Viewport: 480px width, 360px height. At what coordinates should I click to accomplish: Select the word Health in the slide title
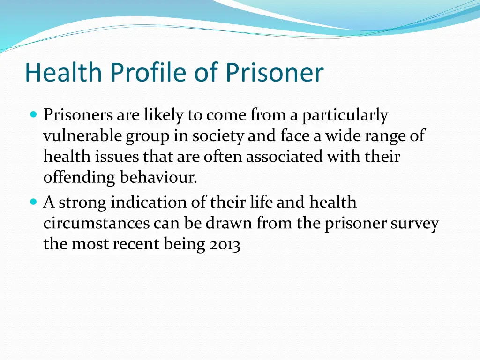coord(63,73)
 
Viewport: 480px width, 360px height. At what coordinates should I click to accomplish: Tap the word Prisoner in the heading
coord(275,73)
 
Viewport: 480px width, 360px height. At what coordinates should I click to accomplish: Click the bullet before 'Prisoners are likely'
coord(33,114)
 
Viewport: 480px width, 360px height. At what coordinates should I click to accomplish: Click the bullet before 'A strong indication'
coord(33,202)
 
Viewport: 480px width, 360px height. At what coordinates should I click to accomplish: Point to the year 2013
coord(223,245)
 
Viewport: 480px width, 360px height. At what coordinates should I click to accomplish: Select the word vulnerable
coord(83,136)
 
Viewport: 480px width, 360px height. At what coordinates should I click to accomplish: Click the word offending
coord(79,178)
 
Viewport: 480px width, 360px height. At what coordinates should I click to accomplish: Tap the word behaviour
coord(158,178)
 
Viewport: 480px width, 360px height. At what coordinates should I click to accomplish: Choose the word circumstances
coord(97,224)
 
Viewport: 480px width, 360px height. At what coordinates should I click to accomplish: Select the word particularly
coord(345,115)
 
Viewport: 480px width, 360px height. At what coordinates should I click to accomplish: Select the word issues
coord(112,157)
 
